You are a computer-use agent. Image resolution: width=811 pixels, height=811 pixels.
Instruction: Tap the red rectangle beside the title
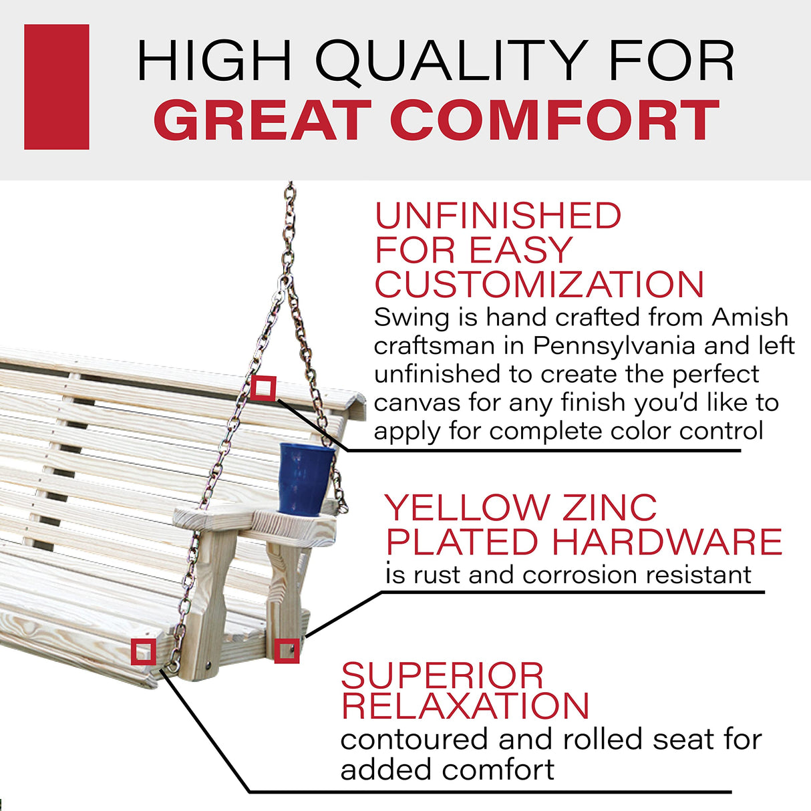pyautogui.click(x=57, y=87)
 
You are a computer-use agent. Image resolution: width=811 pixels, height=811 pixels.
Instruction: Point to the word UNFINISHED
pyautogui.click(x=498, y=216)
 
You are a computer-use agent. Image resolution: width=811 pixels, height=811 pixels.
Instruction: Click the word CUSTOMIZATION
pyautogui.click(x=539, y=285)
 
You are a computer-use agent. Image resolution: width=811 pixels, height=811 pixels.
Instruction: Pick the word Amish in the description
pyautogui.click(x=750, y=317)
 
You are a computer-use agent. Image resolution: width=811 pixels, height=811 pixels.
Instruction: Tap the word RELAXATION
pyautogui.click(x=465, y=706)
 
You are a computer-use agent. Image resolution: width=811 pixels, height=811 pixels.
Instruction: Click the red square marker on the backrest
pyautogui.click(x=263, y=388)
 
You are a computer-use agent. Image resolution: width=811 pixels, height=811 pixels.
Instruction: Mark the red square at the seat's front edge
pyautogui.click(x=143, y=651)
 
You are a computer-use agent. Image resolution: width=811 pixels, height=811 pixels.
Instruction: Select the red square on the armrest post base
pyautogui.click(x=287, y=650)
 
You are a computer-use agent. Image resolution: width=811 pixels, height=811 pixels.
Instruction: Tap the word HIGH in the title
pyautogui.click(x=214, y=61)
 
